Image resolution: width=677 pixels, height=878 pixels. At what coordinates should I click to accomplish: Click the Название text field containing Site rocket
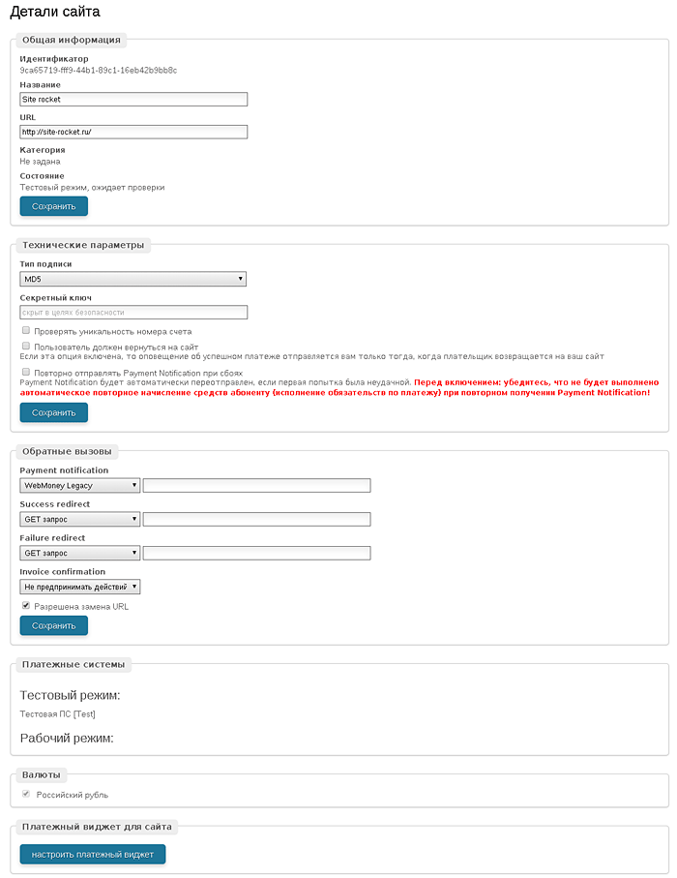tap(133, 99)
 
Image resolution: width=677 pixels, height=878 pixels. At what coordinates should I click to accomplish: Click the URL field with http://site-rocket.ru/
tap(133, 132)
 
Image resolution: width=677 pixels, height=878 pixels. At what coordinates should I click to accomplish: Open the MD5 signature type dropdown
tap(133, 279)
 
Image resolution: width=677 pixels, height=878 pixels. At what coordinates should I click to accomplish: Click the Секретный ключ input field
tap(133, 313)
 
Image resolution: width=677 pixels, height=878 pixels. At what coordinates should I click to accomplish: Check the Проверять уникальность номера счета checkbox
tap(25, 331)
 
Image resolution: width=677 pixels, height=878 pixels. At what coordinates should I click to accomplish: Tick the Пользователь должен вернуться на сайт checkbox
tap(25, 346)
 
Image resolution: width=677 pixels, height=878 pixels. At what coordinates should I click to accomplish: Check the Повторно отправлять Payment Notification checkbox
tap(25, 372)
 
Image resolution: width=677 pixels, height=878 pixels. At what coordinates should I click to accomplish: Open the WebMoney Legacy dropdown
tap(80, 485)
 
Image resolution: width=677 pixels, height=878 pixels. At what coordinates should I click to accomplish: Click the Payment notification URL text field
tap(256, 485)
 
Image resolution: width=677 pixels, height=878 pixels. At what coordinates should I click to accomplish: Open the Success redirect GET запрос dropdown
tap(80, 519)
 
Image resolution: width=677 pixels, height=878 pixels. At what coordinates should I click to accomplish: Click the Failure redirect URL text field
tap(256, 553)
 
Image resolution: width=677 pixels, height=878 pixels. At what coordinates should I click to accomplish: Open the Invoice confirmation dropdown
tap(80, 587)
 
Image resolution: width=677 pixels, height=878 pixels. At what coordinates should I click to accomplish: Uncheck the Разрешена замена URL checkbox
tap(25, 606)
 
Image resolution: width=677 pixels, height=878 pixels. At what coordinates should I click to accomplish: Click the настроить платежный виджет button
tap(93, 854)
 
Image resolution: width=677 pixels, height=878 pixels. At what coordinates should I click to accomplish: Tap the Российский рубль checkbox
tap(25, 795)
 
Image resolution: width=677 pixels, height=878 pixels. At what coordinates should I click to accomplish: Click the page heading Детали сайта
tap(54, 13)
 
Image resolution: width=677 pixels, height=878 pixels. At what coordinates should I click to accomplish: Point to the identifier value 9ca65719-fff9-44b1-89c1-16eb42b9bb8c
tap(98, 70)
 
